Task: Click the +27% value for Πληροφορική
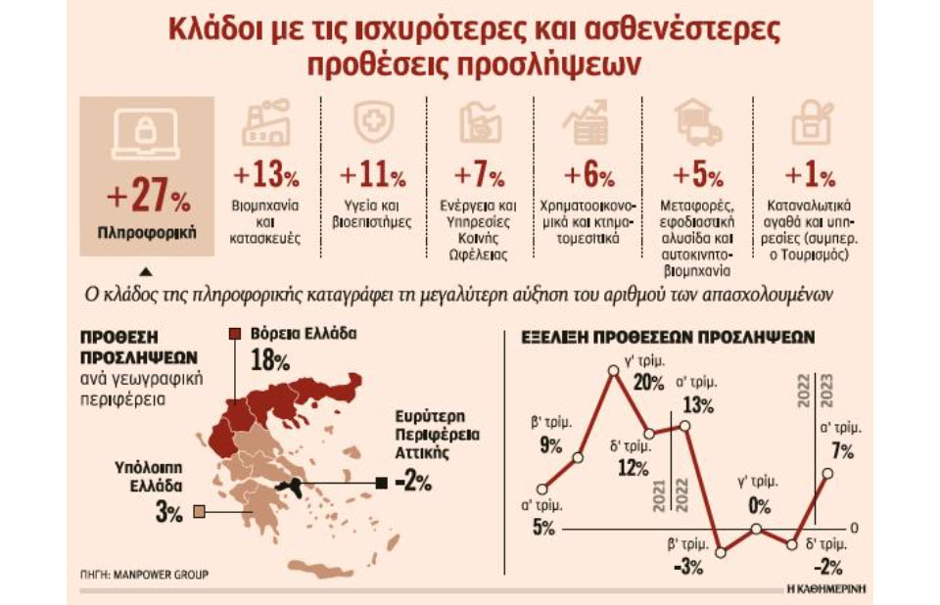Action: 147,199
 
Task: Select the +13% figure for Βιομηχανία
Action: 265,176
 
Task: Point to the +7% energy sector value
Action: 479,176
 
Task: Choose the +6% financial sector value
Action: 588,176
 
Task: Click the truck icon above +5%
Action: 698,126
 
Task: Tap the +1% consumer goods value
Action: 810,176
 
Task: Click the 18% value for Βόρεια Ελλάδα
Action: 270,361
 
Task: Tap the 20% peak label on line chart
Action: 648,383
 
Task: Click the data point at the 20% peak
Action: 613,370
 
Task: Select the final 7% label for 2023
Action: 840,451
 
